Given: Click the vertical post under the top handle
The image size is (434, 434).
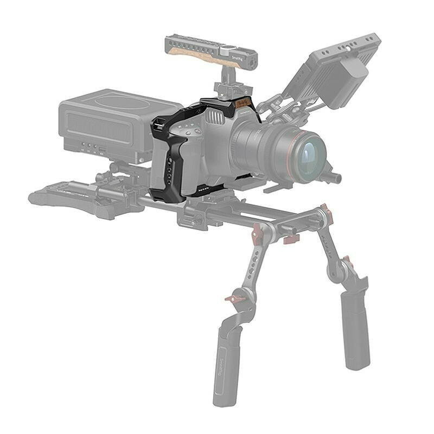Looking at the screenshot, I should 226,81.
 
